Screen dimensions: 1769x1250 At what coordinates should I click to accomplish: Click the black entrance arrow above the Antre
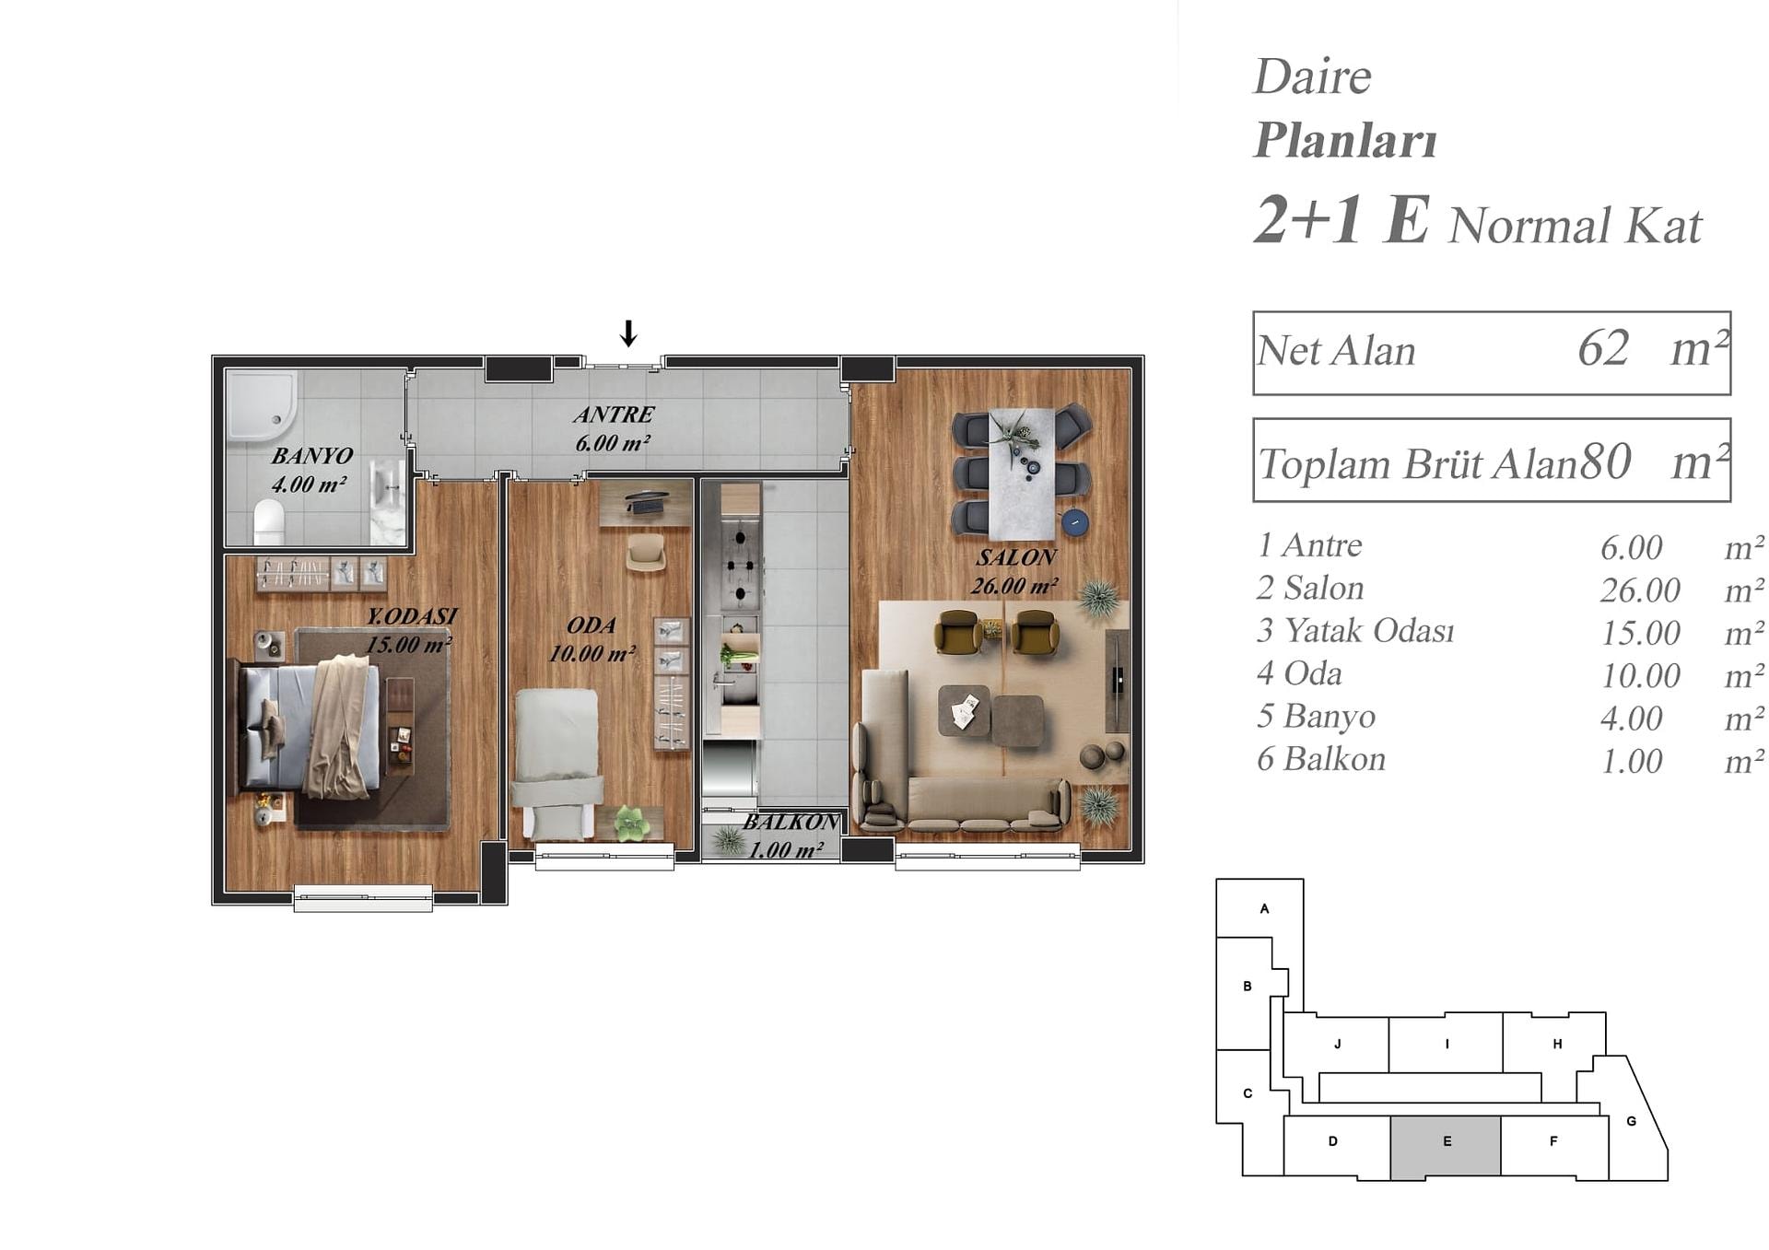coord(628,333)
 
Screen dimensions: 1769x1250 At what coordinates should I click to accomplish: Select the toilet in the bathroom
coord(269,521)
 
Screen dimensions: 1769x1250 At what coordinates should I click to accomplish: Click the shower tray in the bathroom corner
coord(263,406)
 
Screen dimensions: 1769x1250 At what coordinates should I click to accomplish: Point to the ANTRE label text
coord(614,415)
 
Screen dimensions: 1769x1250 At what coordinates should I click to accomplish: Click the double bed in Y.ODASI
coord(310,727)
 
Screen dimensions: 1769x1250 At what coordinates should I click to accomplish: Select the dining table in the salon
coord(1022,474)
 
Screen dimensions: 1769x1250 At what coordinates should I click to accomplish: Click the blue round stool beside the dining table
coord(1074,522)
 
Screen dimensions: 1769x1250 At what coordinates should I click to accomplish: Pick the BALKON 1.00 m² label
coord(790,835)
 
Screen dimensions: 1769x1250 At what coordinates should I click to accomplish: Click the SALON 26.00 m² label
coord(1014,571)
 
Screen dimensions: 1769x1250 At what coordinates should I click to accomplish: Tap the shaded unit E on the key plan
coord(1446,1148)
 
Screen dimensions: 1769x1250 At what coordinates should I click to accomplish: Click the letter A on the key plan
coord(1264,908)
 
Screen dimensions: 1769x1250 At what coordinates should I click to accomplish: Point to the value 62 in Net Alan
coord(1603,349)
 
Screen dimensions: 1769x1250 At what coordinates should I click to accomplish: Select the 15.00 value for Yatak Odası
coord(1640,633)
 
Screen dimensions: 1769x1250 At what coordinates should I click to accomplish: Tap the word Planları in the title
coord(1345,140)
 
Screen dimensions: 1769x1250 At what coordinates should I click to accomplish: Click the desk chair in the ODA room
coord(646,552)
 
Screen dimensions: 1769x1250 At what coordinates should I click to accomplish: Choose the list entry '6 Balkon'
coord(1321,759)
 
